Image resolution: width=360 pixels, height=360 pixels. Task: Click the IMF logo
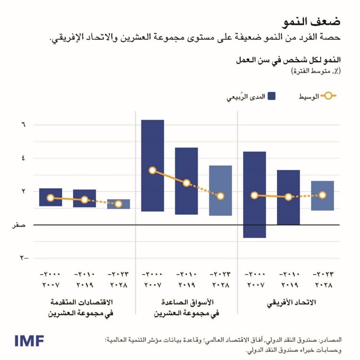(x=29, y=341)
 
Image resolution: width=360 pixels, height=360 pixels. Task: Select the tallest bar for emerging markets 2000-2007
(x=153, y=144)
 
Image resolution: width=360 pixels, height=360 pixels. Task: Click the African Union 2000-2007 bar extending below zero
(x=254, y=230)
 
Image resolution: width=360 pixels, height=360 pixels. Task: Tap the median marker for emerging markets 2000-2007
(x=153, y=170)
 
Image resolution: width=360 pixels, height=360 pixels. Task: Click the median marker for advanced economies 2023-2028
(x=119, y=204)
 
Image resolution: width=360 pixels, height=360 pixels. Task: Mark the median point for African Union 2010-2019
(x=288, y=197)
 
